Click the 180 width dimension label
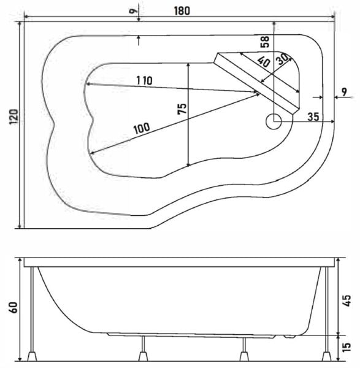tap(182, 11)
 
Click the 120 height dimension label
tap(13, 117)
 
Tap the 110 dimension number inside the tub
tap(144, 80)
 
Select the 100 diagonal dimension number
tap(142, 128)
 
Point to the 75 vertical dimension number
tap(182, 109)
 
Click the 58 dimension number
tap(265, 42)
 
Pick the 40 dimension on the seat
tap(264, 62)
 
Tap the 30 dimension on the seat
tap(283, 59)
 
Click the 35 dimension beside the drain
tap(313, 117)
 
